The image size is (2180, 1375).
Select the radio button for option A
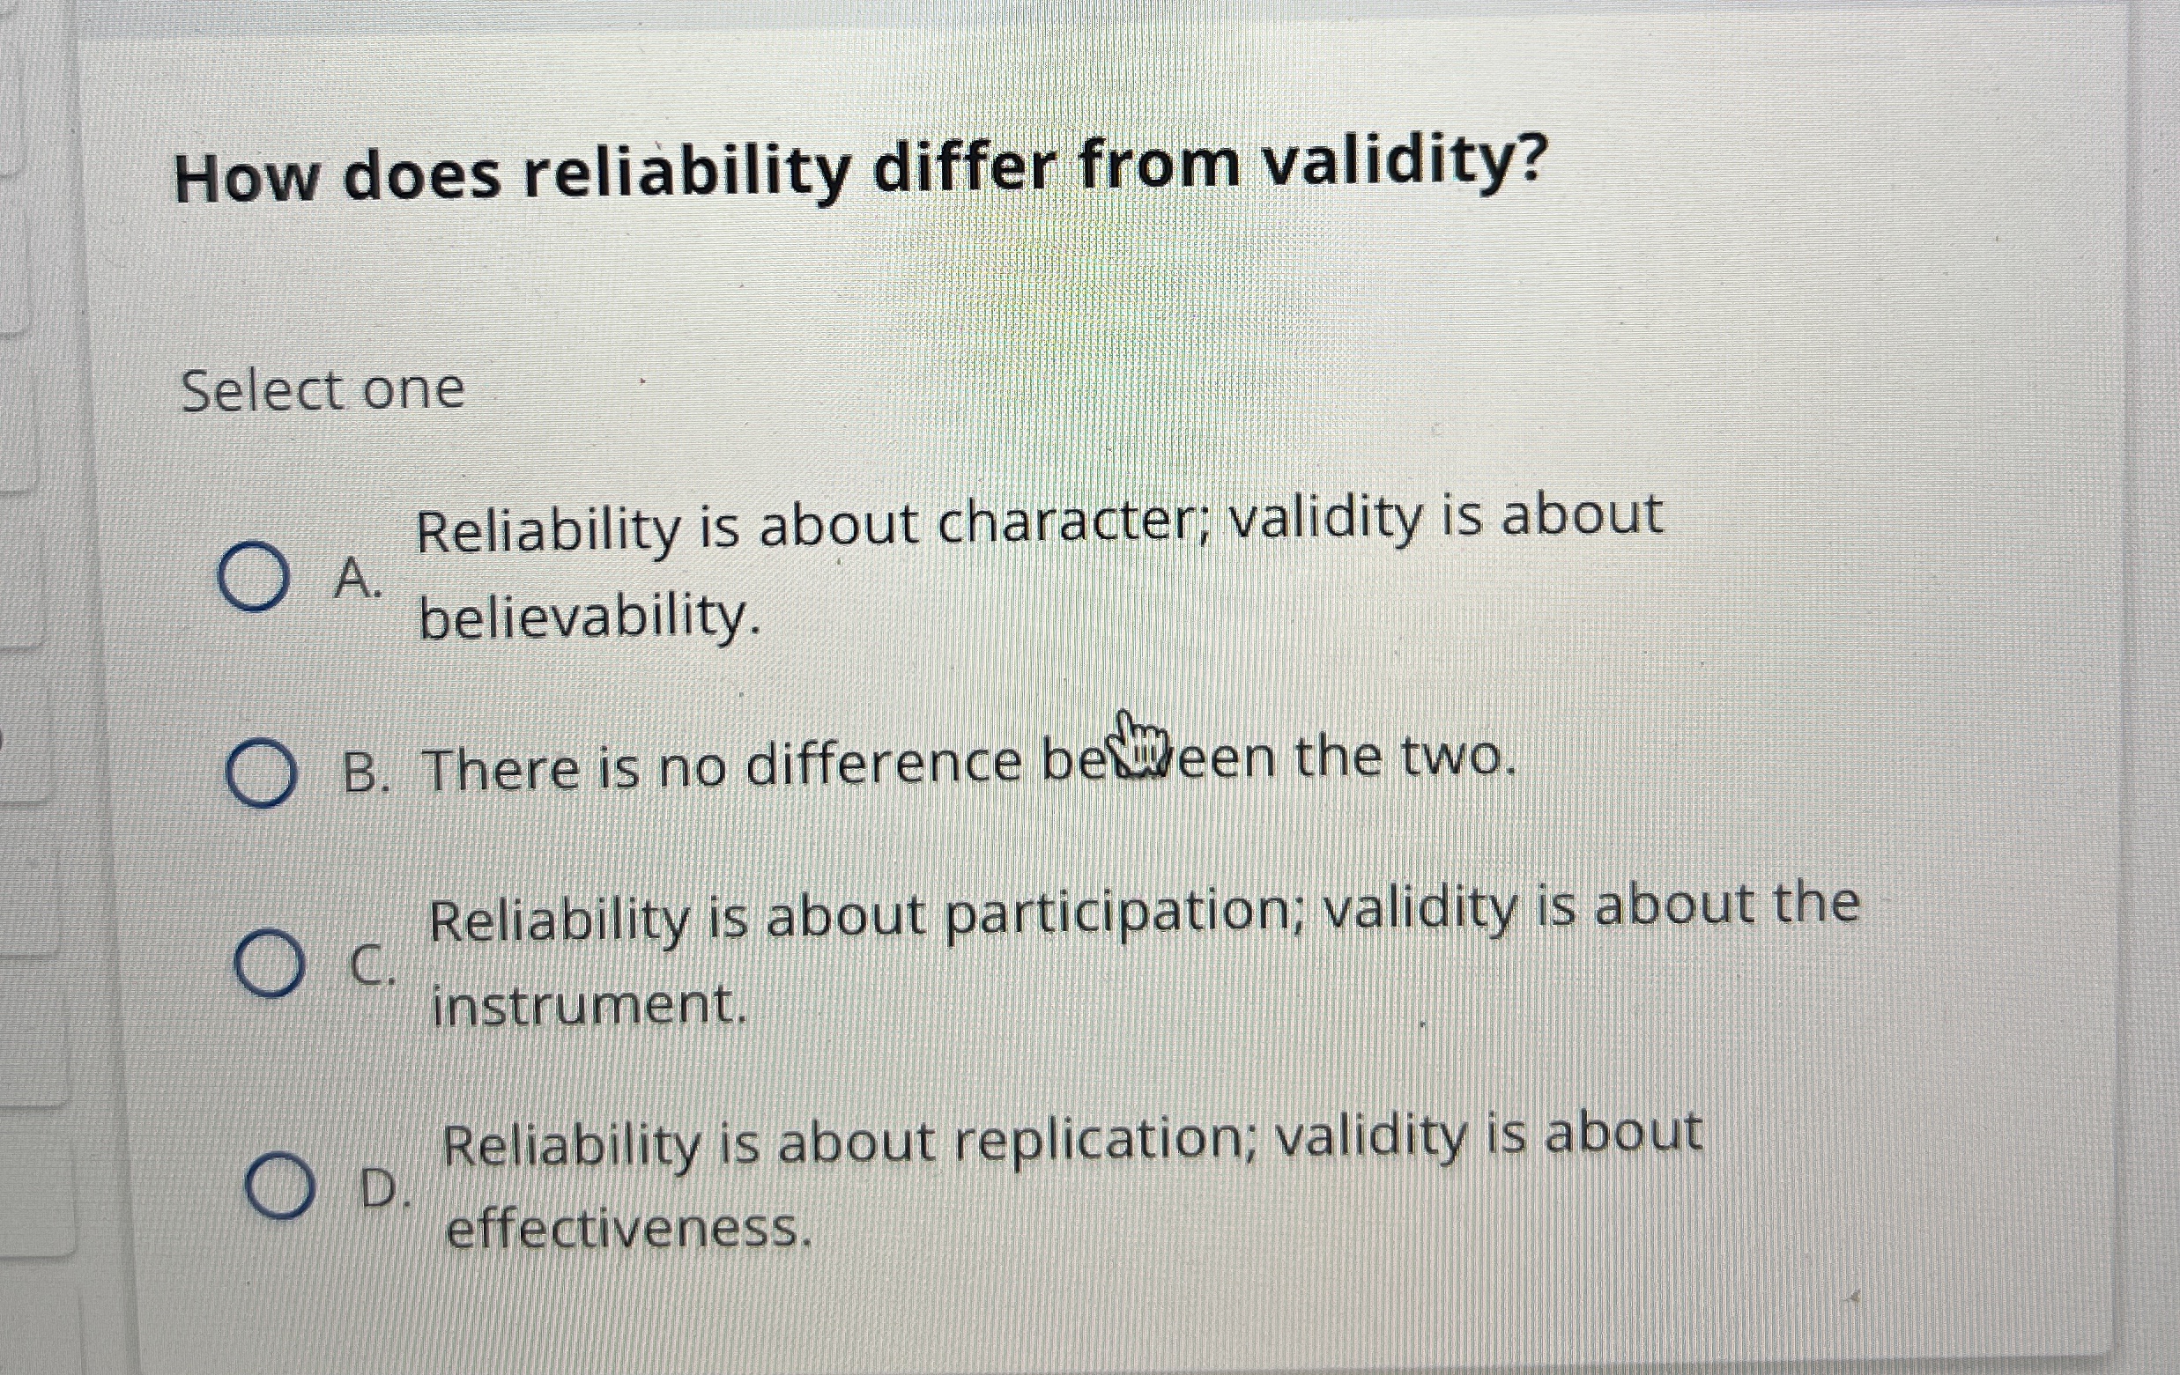(254, 577)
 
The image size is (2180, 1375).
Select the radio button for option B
(261, 773)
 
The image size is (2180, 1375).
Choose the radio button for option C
(268, 963)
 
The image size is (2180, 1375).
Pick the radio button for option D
(279, 1186)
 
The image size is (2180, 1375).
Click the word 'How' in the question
(246, 177)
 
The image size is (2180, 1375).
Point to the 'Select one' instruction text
(323, 390)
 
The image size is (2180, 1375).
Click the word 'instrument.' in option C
(589, 1006)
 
